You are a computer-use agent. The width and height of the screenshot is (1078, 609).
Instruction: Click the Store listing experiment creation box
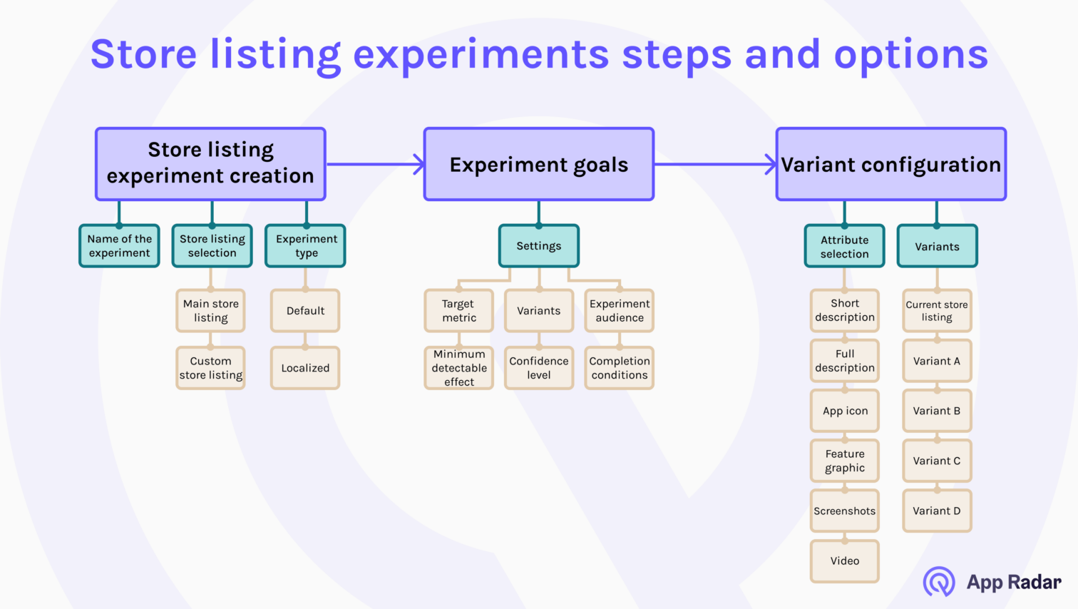pos(210,164)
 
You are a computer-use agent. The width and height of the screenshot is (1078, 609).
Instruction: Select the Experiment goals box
pos(539,164)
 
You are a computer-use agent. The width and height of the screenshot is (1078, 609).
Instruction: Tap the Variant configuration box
pos(891,164)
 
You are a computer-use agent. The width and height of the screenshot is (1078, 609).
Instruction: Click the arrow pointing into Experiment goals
pos(418,164)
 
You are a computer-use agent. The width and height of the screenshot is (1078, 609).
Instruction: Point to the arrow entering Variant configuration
pos(770,164)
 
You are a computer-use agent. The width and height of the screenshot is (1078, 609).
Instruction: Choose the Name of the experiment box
pos(119,246)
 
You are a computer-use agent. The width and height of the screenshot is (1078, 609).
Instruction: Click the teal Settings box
pos(539,246)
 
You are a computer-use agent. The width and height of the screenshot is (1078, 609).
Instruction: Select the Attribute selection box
pos(844,247)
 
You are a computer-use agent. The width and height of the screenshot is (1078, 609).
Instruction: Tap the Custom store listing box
pos(210,368)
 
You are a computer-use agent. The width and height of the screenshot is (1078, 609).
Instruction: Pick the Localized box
pos(305,368)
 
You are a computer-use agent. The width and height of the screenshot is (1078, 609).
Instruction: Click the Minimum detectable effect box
pos(459,368)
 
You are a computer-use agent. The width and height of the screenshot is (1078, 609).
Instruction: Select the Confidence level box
pos(539,368)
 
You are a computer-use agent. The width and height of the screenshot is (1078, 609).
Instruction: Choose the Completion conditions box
pos(620,368)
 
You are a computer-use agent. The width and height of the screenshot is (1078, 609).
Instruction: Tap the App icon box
pos(845,411)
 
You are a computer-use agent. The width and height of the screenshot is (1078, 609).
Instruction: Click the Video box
pos(845,561)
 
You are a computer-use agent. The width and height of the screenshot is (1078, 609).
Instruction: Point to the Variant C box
pos(937,461)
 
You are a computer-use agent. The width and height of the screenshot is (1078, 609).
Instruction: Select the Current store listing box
pos(937,311)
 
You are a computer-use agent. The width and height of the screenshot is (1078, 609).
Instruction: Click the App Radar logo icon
pos(939,581)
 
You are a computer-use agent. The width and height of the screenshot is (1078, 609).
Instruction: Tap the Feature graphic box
pos(845,461)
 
